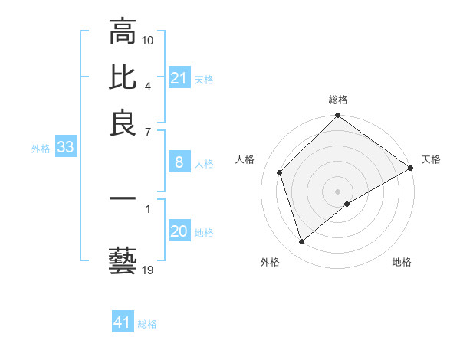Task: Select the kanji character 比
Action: coord(123,77)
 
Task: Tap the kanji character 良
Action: coord(123,123)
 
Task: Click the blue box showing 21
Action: coord(179,78)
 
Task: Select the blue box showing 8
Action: coord(179,162)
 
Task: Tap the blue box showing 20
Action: coord(179,231)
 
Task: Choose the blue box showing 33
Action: coord(65,148)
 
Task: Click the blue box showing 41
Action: coord(123,322)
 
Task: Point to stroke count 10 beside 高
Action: coord(148,39)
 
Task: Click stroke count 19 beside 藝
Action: coord(148,270)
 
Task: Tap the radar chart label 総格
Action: coord(338,100)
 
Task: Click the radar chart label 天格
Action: coord(431,159)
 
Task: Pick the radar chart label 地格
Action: coord(402,262)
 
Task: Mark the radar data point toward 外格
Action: coord(301,242)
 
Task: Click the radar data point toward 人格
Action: coord(280,172)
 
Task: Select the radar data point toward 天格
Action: coord(410,169)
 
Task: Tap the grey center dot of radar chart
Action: coord(338,191)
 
